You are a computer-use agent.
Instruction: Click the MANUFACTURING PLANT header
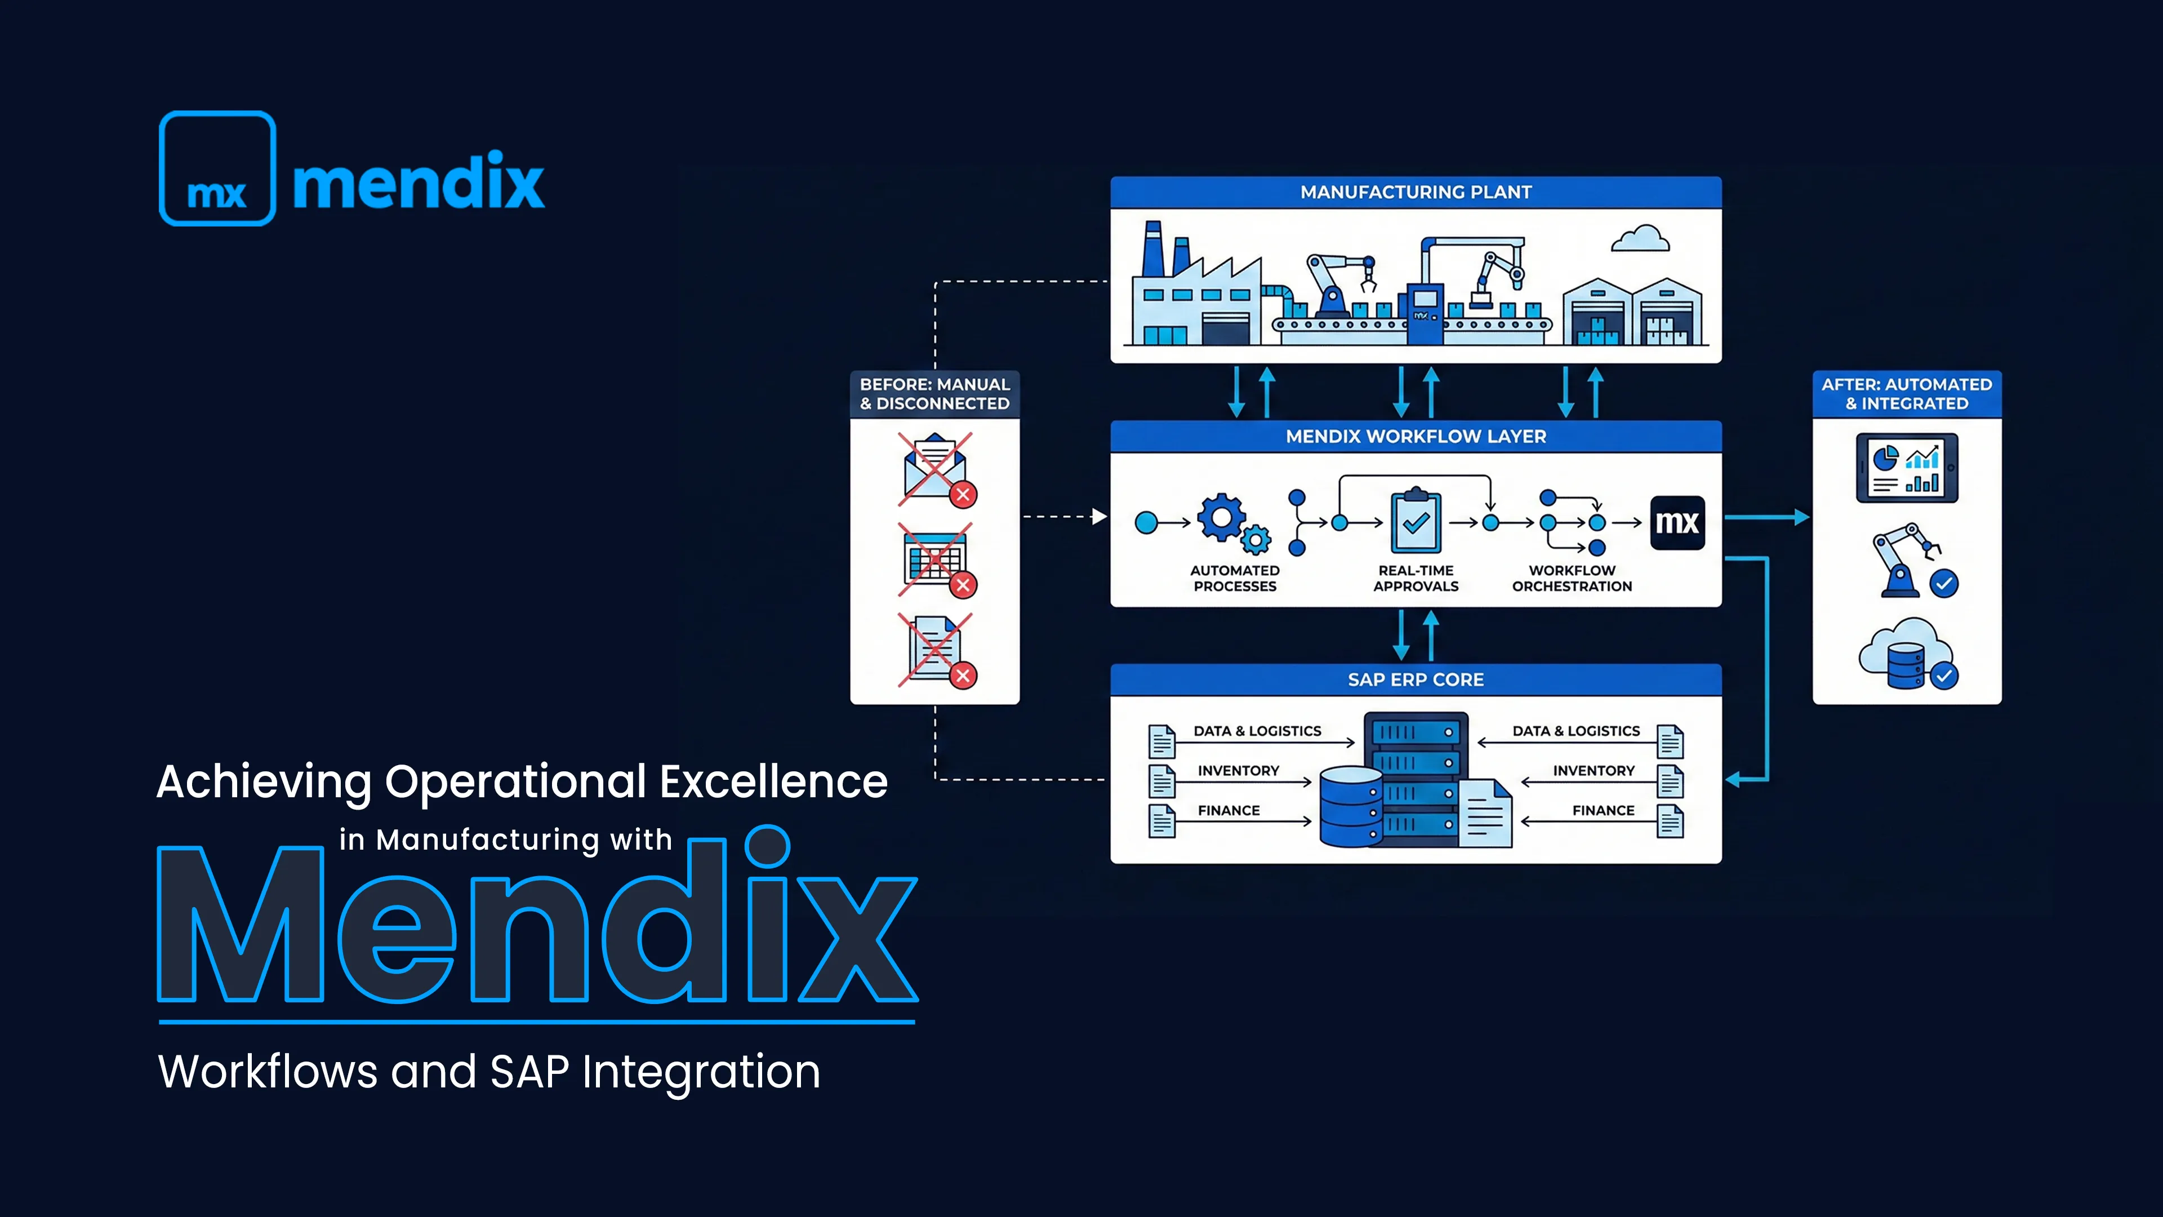click(x=1416, y=192)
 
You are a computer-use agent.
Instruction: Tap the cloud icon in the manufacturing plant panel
click(x=1640, y=239)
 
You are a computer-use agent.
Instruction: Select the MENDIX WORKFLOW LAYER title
click(x=1416, y=437)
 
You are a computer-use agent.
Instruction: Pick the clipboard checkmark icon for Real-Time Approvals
click(x=1416, y=522)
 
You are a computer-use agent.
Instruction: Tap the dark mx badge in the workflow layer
click(x=1677, y=522)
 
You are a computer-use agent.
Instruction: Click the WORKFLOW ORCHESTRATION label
click(x=1572, y=578)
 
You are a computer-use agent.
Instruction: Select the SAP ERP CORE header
click(x=1416, y=679)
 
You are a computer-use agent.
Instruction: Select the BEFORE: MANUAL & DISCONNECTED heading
click(x=934, y=394)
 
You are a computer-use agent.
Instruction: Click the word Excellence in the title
click(x=773, y=782)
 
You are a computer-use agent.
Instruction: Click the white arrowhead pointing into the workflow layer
click(x=1099, y=517)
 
